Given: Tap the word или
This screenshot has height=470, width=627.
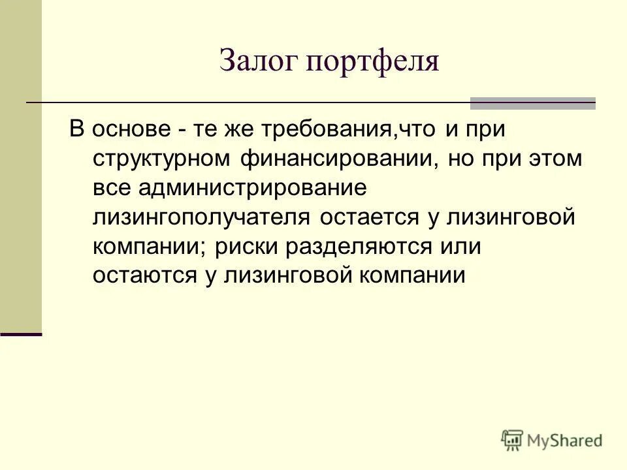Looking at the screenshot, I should coord(461,247).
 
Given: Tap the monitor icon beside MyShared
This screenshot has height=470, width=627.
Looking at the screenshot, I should coord(513,441).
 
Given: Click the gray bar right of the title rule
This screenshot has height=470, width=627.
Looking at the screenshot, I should coord(533,103).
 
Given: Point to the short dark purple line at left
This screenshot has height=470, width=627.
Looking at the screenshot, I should coord(21,334).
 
